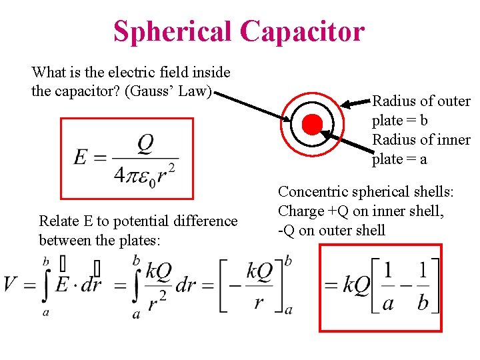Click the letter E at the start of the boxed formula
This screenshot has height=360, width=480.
click(x=80, y=157)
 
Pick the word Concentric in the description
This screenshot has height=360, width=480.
click(x=310, y=192)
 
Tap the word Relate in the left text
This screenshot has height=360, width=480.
click(x=58, y=221)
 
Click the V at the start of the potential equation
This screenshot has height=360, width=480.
click(x=10, y=285)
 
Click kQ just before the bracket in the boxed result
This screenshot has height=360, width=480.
click(x=356, y=285)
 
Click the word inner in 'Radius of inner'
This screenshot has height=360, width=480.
click(x=455, y=140)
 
